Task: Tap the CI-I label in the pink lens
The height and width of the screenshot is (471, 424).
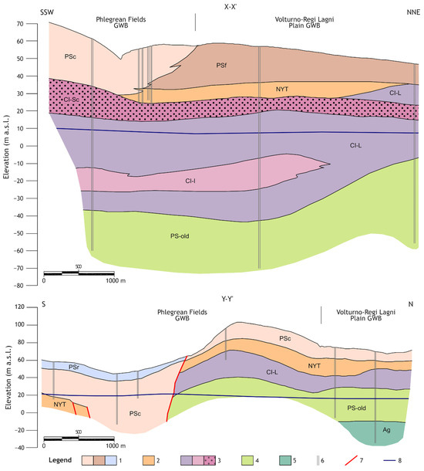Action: click(x=190, y=181)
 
